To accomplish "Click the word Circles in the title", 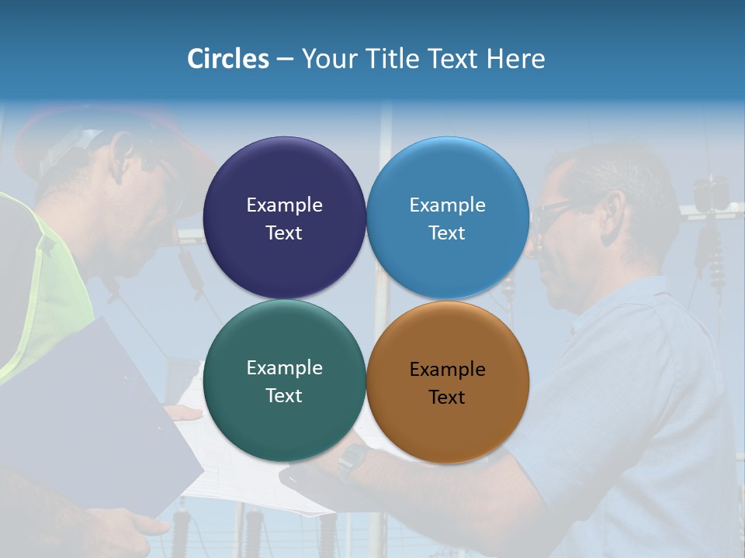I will (x=228, y=58).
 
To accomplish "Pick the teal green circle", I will (x=284, y=422).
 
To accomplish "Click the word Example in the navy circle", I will (x=284, y=205).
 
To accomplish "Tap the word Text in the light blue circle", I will (x=447, y=233).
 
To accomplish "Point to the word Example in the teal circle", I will (x=284, y=368).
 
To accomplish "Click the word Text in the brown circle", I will (x=447, y=398).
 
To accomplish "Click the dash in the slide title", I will (x=285, y=59).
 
